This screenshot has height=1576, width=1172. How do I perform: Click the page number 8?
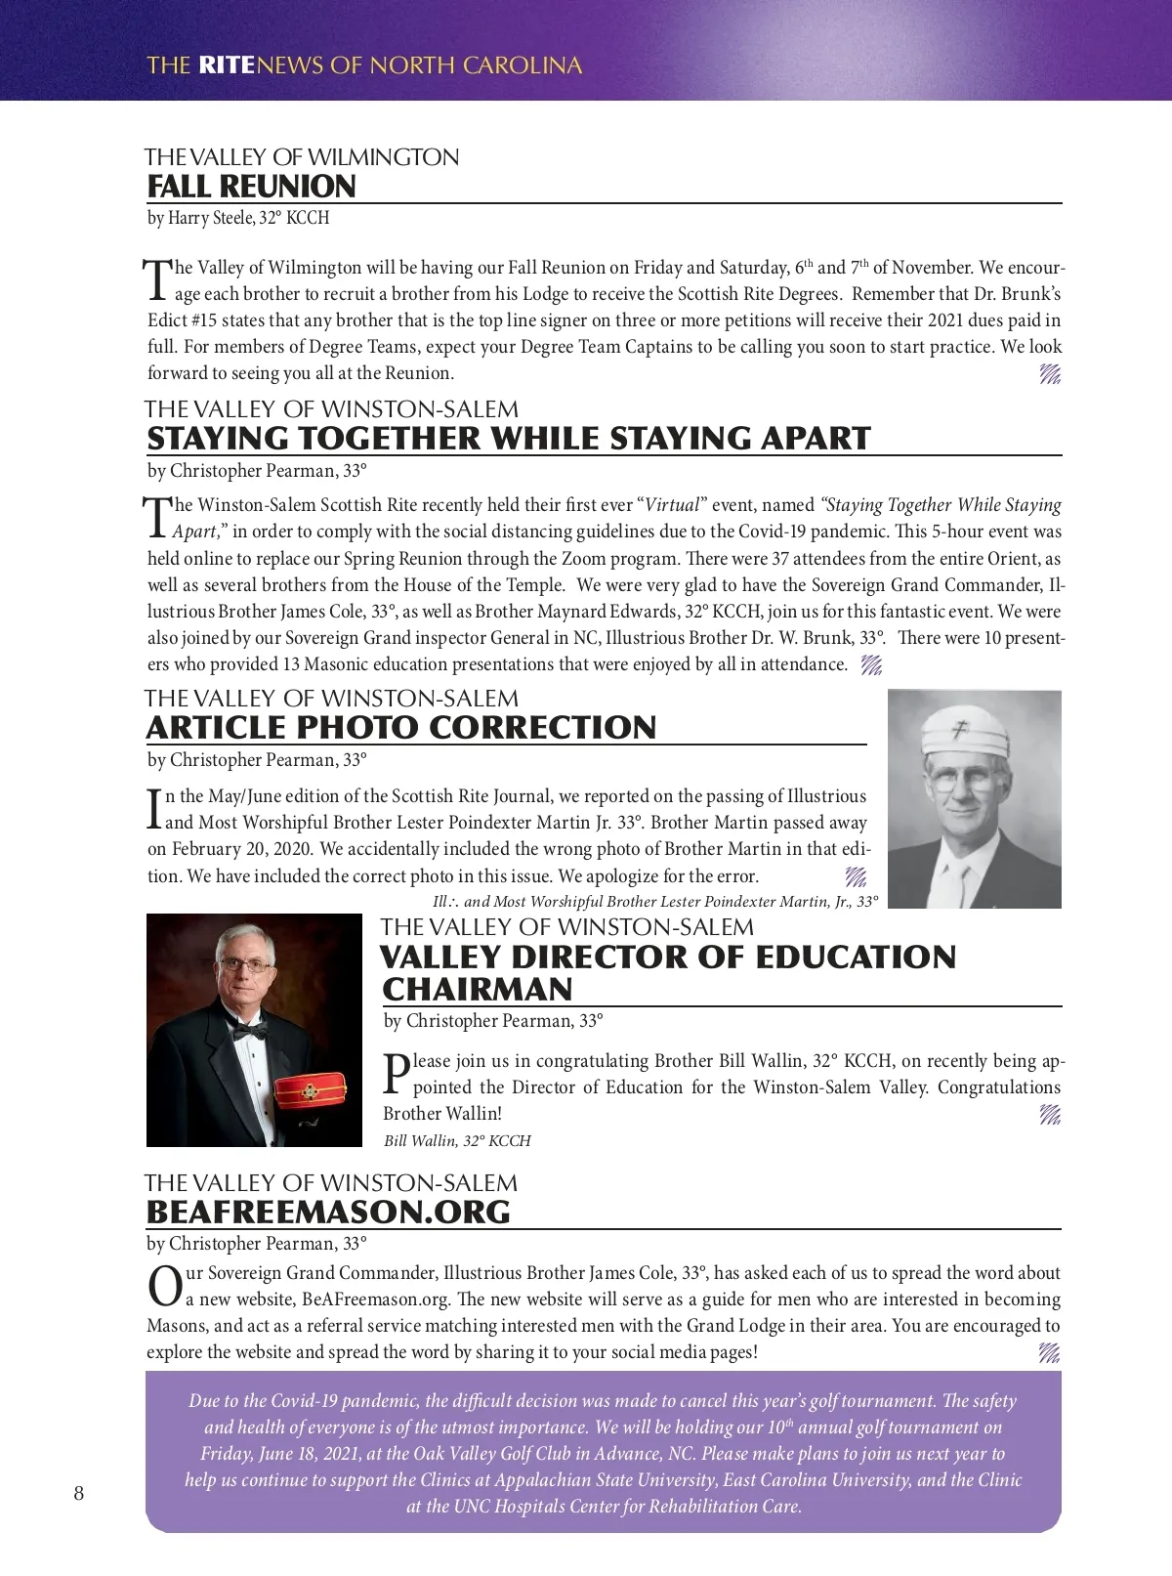[x=79, y=1493]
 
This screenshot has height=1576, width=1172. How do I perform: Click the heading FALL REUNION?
[x=251, y=186]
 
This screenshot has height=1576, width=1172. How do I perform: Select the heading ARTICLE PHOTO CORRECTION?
[x=401, y=727]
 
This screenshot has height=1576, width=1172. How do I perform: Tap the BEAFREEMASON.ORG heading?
[x=328, y=1212]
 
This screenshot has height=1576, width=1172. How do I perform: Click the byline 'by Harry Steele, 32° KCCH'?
[x=238, y=218]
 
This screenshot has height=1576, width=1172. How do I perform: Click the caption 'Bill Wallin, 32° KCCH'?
[x=457, y=1140]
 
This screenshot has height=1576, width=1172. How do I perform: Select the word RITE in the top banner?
[x=226, y=65]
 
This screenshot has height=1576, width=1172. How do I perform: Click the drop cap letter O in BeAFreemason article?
[x=164, y=1286]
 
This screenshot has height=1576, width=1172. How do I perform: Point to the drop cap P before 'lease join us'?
[x=396, y=1073]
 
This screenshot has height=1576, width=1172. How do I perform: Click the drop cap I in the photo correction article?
[x=154, y=808]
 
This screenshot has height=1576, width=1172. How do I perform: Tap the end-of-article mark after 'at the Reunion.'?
[x=1050, y=373]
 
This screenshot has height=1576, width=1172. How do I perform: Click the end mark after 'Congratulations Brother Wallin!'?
[x=1050, y=1114]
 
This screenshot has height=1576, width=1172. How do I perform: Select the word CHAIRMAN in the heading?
[x=478, y=989]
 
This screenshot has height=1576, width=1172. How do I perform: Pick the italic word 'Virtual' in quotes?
[x=672, y=505]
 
